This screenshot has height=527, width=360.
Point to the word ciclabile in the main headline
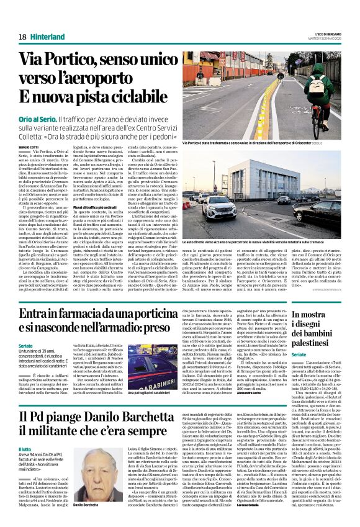[133, 97]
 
